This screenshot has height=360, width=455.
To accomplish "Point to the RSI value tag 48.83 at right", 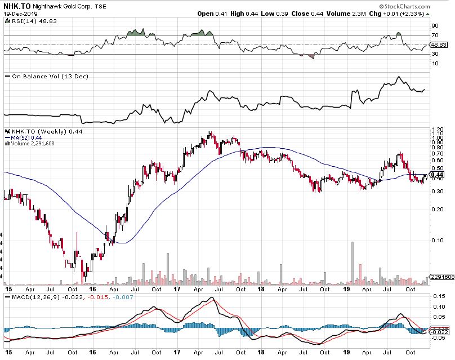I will pos(438,45).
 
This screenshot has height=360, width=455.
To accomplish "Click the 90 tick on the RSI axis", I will pos(435,26).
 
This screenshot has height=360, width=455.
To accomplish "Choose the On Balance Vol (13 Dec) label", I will pos(42,76).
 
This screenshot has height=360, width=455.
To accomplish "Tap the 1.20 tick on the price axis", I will pos(437,130).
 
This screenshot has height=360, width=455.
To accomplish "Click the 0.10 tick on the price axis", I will pos(437,240).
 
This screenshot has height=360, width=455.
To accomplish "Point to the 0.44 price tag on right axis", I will pos(438,175).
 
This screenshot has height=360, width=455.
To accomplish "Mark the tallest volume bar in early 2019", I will pos(353,262).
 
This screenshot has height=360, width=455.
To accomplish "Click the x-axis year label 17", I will pos(176,288).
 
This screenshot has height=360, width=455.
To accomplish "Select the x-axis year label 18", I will pos(261,288).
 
